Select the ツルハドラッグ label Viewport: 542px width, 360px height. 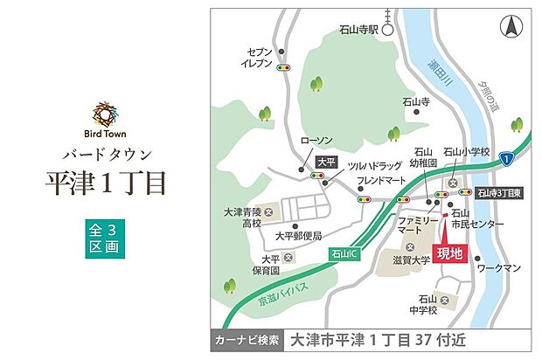point(375,165)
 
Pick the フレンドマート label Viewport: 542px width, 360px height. point(381,181)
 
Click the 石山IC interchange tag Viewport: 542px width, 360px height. point(347,253)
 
